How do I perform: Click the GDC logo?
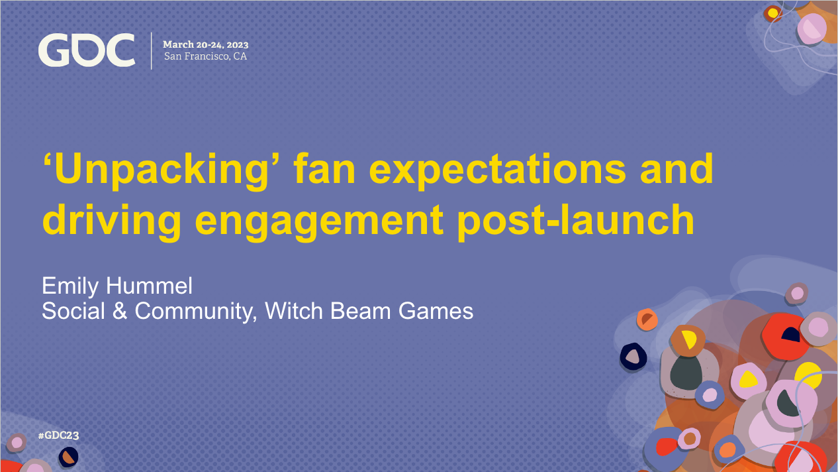(x=87, y=50)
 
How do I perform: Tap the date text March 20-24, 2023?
(x=206, y=44)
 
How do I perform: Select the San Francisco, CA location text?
(x=205, y=56)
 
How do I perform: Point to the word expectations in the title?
(x=498, y=171)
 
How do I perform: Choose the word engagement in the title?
(x=319, y=222)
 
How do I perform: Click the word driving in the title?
(x=112, y=221)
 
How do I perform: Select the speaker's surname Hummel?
(x=150, y=286)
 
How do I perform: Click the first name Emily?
(x=70, y=287)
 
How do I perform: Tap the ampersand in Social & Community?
(x=120, y=311)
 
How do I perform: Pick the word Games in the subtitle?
(x=436, y=312)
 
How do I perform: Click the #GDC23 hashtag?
(x=59, y=436)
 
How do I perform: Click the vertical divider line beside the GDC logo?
(x=152, y=50)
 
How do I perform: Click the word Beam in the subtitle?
(x=360, y=311)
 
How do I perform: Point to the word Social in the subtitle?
(x=73, y=311)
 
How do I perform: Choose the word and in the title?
(x=676, y=169)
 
